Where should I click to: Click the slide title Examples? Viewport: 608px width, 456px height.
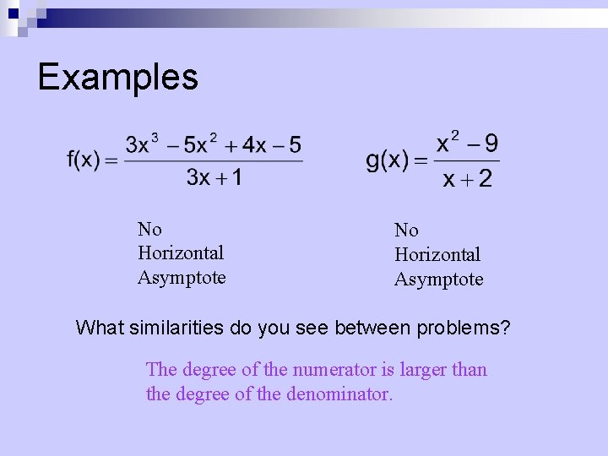click(118, 77)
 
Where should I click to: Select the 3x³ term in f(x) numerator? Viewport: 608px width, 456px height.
click(142, 144)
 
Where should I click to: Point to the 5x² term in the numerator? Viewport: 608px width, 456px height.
click(202, 144)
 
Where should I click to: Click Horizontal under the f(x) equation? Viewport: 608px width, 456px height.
click(181, 252)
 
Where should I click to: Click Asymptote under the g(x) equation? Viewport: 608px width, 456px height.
click(438, 280)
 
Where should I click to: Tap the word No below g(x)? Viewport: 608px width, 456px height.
click(406, 230)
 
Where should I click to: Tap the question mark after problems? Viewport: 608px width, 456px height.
click(506, 328)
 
